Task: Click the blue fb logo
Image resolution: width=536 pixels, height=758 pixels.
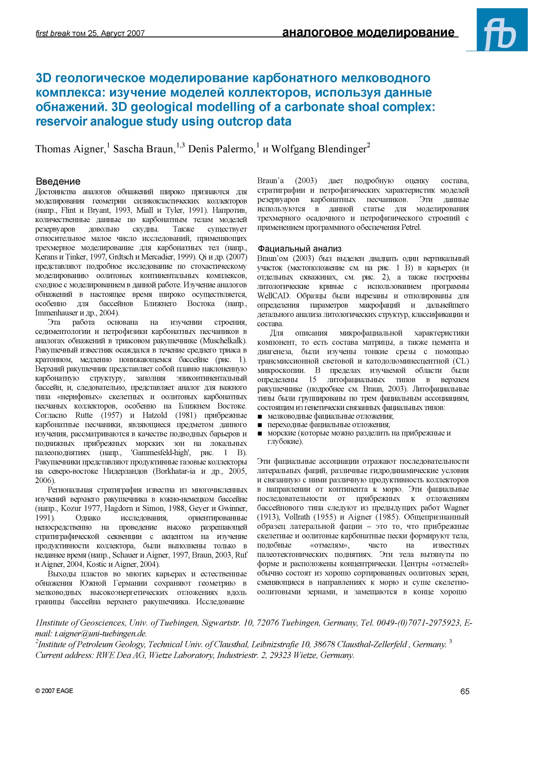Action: point(502,30)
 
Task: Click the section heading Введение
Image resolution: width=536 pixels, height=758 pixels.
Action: point(58,181)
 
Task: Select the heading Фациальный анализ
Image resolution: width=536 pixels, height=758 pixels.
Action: point(299,248)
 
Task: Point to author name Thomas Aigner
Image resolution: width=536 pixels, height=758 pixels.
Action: point(70,149)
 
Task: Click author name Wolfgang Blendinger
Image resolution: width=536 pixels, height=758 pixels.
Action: point(318,149)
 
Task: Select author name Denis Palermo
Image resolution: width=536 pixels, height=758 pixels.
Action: point(221,149)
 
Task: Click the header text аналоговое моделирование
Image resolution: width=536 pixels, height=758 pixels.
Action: point(368,32)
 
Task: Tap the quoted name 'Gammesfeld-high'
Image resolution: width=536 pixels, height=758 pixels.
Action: point(161,452)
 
